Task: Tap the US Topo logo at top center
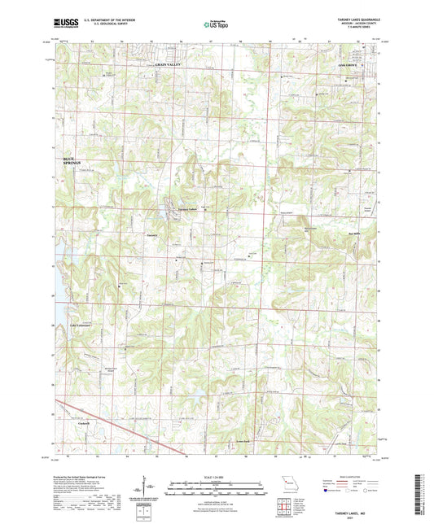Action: pyautogui.click(x=215, y=25)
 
